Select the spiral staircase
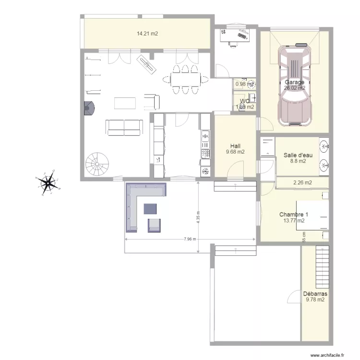(98, 165)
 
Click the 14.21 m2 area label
(147, 34)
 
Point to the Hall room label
(235, 146)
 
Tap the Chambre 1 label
(294, 215)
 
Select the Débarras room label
(315, 294)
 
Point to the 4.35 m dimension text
(198, 218)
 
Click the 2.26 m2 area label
(302, 182)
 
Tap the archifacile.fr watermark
(328, 356)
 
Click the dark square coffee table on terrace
(150, 208)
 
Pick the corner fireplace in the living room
(88, 109)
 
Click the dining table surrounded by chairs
(185, 78)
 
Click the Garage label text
(294, 82)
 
